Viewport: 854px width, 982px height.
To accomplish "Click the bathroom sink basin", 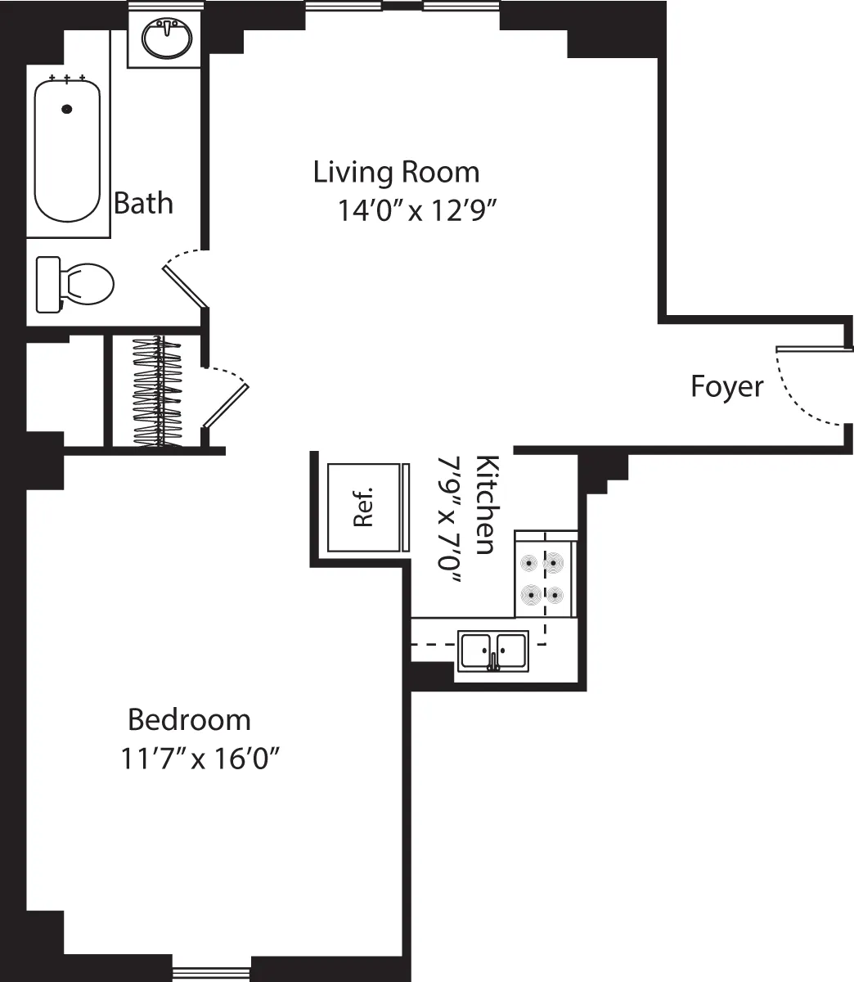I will [167, 38].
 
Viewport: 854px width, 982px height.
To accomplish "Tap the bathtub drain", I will [67, 108].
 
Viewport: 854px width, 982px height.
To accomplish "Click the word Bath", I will [143, 203].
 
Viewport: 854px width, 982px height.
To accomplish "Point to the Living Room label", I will [397, 172].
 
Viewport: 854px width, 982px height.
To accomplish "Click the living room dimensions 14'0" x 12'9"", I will [418, 211].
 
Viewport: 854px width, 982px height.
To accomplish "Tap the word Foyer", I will [726, 386].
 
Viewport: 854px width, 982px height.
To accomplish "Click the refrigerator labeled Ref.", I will [364, 507].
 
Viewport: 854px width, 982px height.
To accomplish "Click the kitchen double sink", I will [492, 651].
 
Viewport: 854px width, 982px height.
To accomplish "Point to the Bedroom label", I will [190, 720].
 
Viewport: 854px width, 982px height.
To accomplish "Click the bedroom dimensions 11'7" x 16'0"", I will [201, 759].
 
